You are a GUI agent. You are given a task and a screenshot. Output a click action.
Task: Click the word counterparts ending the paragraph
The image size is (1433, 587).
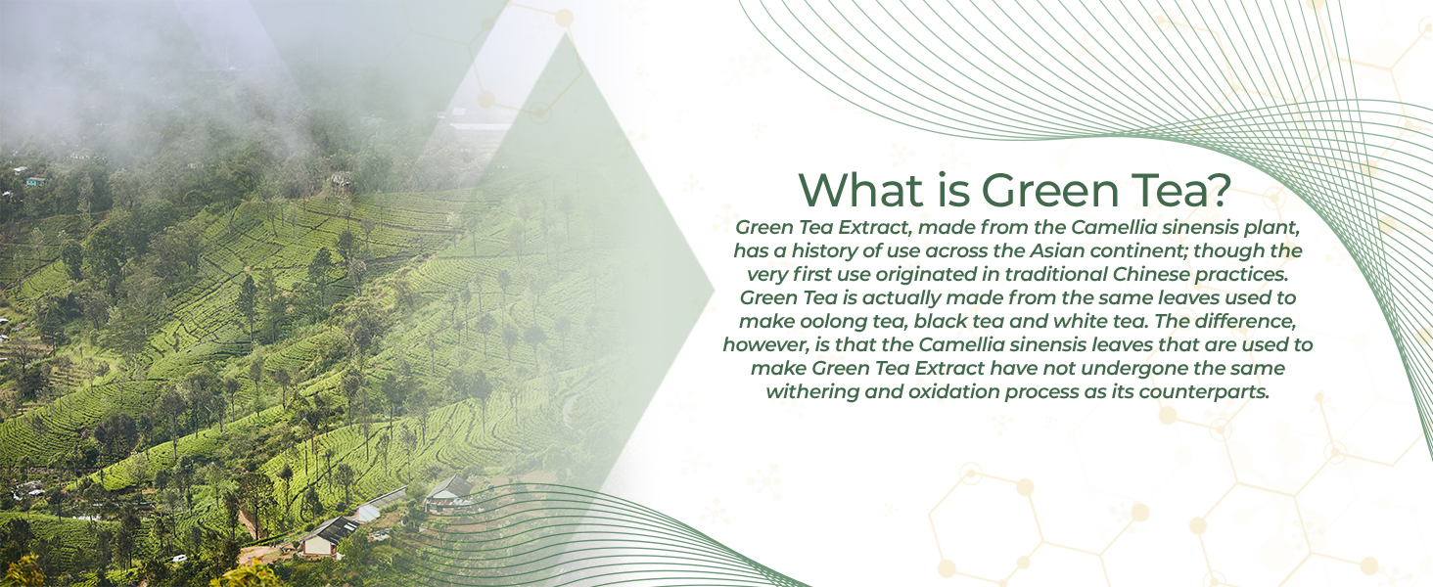tap(1204, 392)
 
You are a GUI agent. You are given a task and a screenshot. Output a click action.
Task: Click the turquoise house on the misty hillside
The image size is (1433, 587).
tap(36, 182)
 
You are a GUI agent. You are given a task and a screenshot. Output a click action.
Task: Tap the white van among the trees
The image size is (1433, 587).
tap(179, 559)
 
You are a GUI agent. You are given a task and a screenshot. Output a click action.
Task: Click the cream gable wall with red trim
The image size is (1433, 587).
tap(318, 545)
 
